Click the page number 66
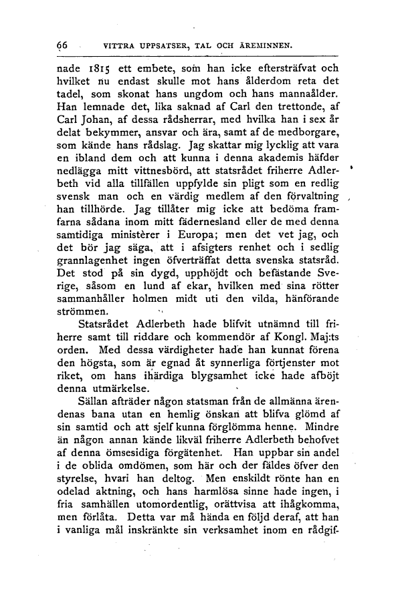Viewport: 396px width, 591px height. [64, 45]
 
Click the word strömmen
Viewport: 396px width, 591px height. [82, 312]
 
